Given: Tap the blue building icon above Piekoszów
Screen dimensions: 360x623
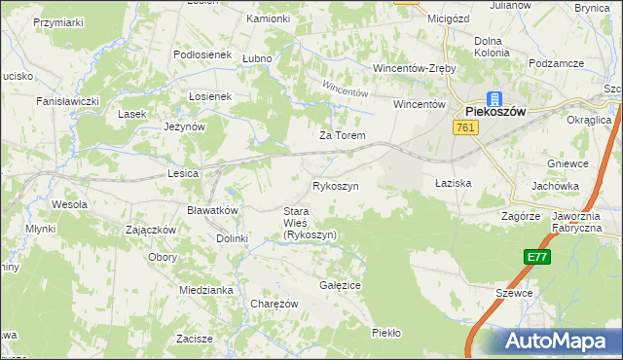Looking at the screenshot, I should pos(494,97).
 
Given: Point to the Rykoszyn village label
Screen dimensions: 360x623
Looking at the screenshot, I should pos(336,185).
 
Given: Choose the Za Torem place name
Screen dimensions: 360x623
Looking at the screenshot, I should pos(342,135).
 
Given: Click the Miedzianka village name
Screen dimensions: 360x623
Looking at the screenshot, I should pos(204,290).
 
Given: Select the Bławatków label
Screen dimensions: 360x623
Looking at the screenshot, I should pos(212,210).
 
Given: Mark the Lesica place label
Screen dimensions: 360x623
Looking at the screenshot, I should pos(183,173).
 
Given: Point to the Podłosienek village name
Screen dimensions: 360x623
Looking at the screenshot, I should pos(202,55).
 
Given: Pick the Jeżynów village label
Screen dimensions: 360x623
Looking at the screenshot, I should pos(184,126).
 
